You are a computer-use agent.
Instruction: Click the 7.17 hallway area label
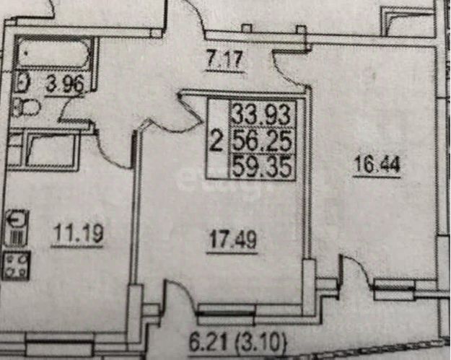click(226, 61)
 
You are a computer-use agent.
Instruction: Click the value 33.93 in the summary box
click(262, 114)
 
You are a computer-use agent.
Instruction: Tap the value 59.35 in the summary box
click(262, 167)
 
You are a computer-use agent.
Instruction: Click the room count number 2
click(215, 140)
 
